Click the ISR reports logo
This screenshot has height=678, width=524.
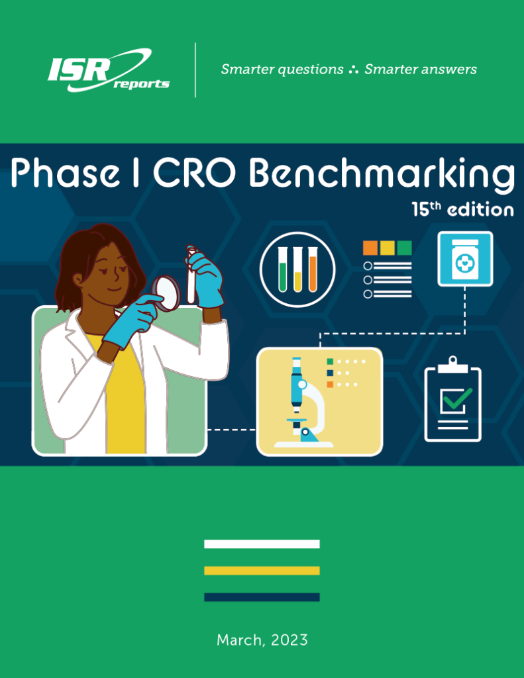click(x=108, y=70)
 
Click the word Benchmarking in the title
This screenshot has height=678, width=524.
click(x=382, y=174)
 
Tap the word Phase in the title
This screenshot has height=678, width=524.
click(x=66, y=172)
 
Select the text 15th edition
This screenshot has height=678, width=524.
click(x=462, y=209)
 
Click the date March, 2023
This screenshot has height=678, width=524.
click(x=262, y=640)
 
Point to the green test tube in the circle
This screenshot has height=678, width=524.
click(x=283, y=269)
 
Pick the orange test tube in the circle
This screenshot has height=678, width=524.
click(x=313, y=269)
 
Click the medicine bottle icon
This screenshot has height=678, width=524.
click(x=465, y=259)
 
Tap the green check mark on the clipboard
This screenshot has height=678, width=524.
click(x=457, y=399)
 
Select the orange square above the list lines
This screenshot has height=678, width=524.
click(x=370, y=248)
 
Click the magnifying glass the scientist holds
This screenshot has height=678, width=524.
click(x=166, y=293)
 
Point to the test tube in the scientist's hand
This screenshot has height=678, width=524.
click(x=191, y=275)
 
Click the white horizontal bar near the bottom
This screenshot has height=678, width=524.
click(x=262, y=544)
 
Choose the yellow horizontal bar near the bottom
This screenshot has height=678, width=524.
click(x=262, y=571)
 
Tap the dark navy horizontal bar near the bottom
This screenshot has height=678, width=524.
click(x=262, y=597)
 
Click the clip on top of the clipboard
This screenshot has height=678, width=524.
click(x=452, y=365)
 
